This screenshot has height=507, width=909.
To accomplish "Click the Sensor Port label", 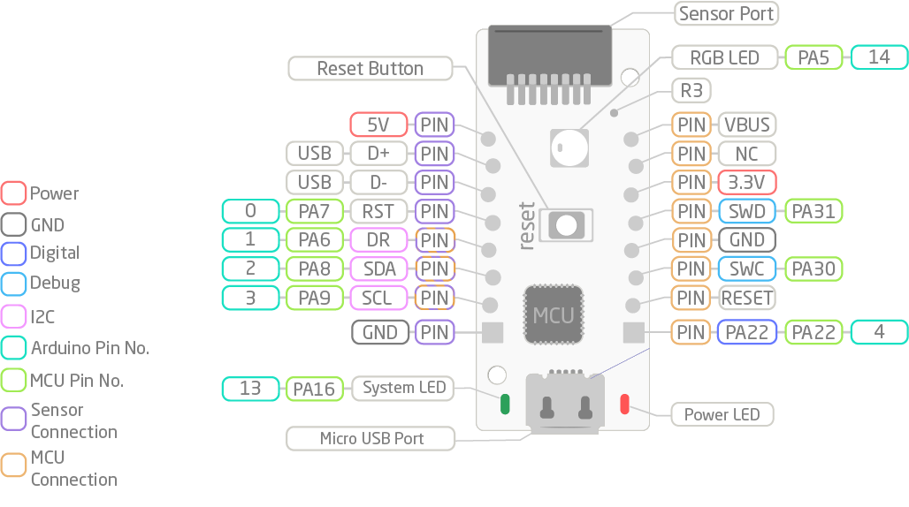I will (726, 13).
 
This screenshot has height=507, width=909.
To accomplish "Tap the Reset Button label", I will (370, 68).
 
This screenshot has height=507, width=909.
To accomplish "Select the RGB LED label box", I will (725, 57).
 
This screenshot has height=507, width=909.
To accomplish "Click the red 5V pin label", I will (378, 125).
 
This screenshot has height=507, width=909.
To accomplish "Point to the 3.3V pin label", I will (747, 182).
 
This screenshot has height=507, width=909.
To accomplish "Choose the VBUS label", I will (747, 125).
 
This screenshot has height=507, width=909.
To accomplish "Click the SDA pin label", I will (378, 269).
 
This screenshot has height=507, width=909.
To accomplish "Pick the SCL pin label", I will (378, 298).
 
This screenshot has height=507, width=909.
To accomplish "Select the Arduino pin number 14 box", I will (879, 57).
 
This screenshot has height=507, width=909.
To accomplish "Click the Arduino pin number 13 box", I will (250, 388).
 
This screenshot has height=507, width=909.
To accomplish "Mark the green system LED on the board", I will (506, 404).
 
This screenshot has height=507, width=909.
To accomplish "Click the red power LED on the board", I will (624, 404).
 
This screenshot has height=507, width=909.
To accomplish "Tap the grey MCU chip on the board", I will (554, 314).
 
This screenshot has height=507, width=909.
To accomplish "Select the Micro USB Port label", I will (370, 438).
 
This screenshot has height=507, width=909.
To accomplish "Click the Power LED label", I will (722, 414).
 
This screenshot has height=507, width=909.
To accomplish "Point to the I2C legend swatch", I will (14, 316).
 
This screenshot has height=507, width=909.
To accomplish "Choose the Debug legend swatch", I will (14, 284).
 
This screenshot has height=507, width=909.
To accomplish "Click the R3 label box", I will (691, 90).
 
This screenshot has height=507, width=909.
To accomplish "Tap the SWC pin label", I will (747, 269).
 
